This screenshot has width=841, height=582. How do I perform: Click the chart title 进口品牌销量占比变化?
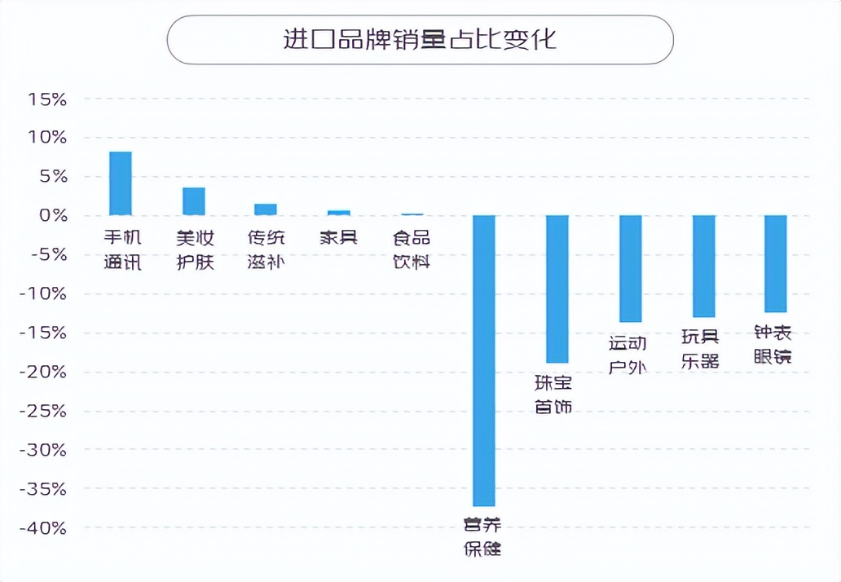click(x=420, y=39)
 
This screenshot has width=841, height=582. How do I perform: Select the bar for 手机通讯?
click(x=121, y=183)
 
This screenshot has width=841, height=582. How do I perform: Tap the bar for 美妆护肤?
click(x=194, y=201)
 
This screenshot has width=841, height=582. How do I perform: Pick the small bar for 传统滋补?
click(x=266, y=209)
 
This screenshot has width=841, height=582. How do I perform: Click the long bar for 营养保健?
click(x=484, y=360)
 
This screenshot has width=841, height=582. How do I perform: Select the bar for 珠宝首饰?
click(x=557, y=289)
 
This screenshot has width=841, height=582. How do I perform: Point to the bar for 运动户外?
click(x=631, y=268)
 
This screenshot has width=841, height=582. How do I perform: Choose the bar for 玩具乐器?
click(x=703, y=266)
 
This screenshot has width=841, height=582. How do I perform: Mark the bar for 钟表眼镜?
click(x=775, y=263)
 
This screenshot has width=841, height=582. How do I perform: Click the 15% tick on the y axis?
click(x=46, y=99)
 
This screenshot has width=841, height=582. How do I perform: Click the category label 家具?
click(x=339, y=238)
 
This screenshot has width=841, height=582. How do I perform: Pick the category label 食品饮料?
click(x=411, y=249)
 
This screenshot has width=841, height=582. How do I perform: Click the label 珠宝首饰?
click(x=553, y=394)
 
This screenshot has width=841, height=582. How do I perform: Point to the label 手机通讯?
click(x=122, y=249)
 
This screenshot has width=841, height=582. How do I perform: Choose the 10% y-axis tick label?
click(x=46, y=138)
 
